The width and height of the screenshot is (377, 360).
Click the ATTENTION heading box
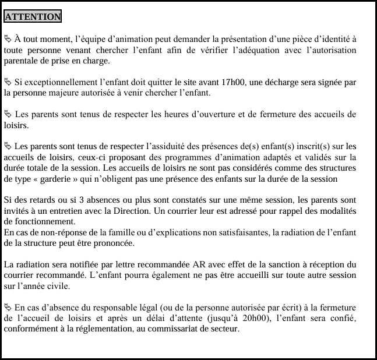33,17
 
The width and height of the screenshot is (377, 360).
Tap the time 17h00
232,82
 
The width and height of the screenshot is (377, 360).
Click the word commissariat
186,329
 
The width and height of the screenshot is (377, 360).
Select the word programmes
199,157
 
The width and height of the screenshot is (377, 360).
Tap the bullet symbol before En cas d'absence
8,308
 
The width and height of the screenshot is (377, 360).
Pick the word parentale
22,61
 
